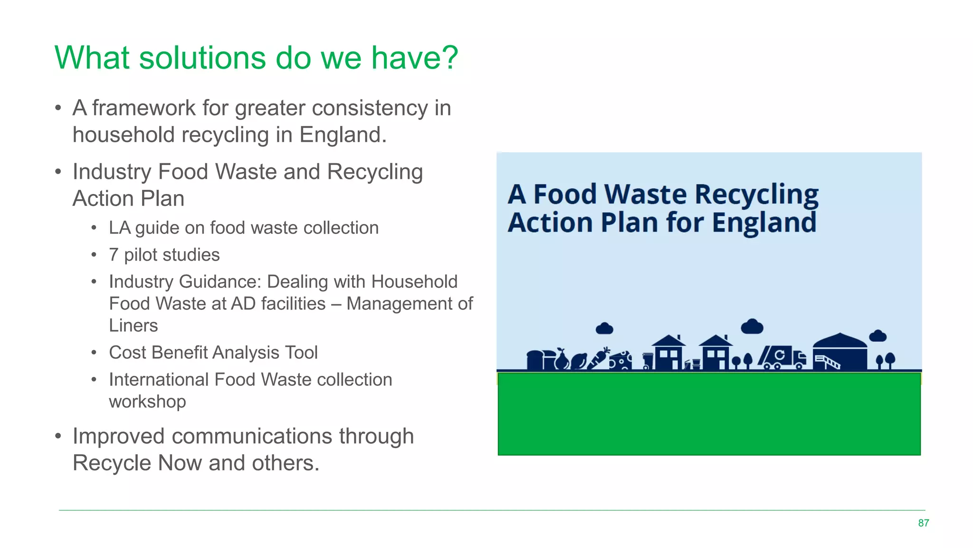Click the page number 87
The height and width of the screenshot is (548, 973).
(923, 523)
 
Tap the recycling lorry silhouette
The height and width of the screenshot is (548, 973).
(782, 358)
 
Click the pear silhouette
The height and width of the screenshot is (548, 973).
(562, 359)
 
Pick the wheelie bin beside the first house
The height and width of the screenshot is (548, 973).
(648, 362)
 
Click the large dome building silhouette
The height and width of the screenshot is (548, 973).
(839, 352)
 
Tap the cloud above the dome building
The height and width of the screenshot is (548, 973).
(877, 336)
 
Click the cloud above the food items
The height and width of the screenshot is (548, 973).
(604, 328)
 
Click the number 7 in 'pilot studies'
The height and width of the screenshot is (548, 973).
(114, 255)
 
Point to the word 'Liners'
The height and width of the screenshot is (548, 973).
(133, 326)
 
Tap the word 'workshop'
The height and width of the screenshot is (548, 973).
(147, 402)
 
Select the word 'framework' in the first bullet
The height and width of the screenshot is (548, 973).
(143, 108)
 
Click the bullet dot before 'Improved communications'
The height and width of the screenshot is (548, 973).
(58, 436)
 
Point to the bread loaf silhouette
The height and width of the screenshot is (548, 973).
(536, 360)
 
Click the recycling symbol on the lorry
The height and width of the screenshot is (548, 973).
(780, 355)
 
